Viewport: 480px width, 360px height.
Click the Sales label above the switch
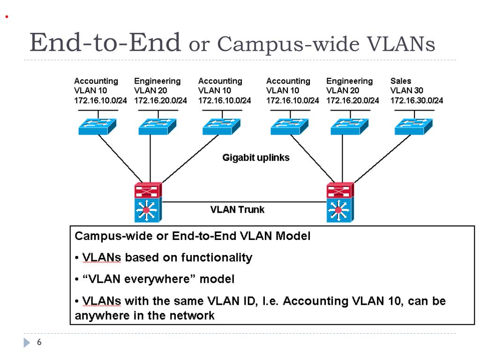(400, 81)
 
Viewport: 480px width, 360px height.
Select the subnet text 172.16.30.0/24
(416, 100)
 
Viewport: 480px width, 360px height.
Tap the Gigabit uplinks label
(255, 157)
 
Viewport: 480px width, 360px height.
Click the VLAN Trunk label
(237, 210)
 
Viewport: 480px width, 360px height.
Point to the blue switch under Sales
(413, 127)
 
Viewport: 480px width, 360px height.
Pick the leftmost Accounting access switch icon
(97, 127)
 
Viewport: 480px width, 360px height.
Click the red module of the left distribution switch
(148, 190)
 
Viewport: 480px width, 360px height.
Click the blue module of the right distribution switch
(340, 210)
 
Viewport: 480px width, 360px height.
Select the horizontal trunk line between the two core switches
(244, 202)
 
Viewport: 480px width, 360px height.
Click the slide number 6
(39, 342)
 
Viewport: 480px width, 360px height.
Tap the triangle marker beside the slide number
(27, 343)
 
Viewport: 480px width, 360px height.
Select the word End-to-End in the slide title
(105, 42)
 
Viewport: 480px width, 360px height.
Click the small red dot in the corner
(7, 17)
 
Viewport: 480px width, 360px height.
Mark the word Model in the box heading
(293, 236)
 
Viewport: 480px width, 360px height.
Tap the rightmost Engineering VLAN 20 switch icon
(350, 127)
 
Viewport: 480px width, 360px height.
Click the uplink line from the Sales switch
(382, 158)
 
